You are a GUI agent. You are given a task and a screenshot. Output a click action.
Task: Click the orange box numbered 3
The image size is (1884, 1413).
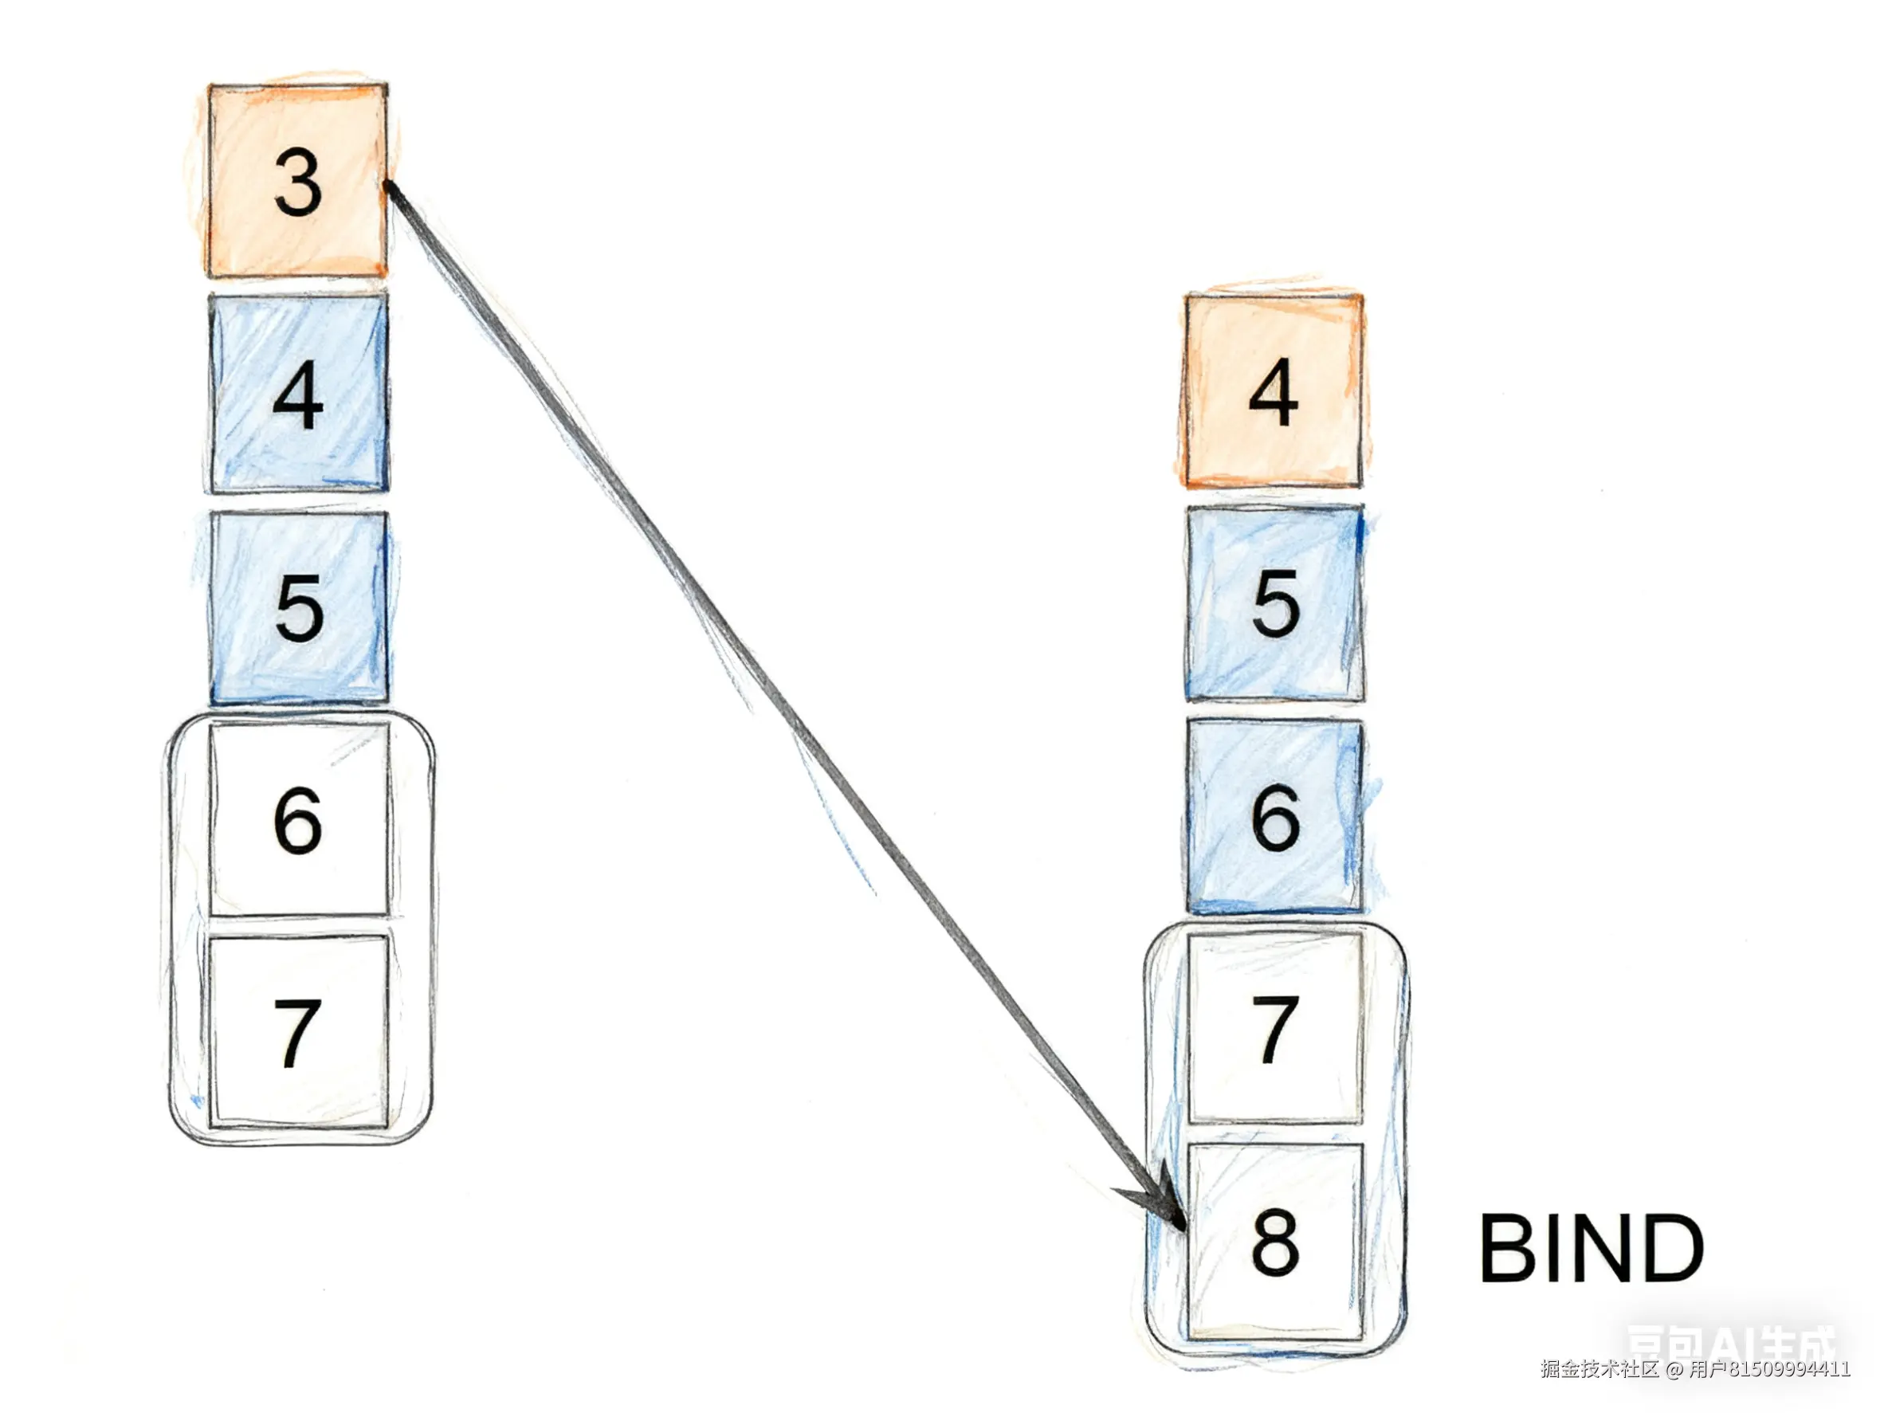tap(297, 181)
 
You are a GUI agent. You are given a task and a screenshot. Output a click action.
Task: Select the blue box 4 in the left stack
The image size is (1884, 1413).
tap(298, 394)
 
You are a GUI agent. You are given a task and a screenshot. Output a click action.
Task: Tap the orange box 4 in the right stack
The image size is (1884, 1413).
tap(1274, 392)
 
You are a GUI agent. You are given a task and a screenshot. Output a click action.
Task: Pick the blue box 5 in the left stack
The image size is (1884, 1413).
tap(298, 607)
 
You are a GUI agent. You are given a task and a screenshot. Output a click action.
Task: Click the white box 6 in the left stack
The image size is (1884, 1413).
tap(299, 819)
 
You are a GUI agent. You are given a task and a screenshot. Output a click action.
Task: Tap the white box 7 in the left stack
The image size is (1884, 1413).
tap(298, 1032)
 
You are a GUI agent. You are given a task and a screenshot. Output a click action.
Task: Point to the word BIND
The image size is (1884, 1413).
tap(1590, 1249)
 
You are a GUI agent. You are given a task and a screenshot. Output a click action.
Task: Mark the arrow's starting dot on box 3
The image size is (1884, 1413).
tap(388, 185)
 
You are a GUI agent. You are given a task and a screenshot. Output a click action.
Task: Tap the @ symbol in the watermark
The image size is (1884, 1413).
tap(1674, 1369)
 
